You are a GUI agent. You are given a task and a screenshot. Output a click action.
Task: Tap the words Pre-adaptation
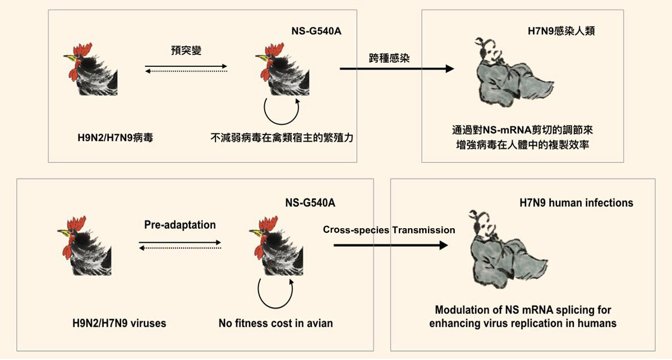coord(179,225)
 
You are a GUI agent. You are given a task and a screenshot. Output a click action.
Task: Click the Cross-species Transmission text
coord(389,230)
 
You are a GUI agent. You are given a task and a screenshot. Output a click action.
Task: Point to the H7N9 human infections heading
coord(576,202)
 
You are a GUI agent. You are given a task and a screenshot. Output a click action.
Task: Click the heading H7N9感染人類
coord(561,31)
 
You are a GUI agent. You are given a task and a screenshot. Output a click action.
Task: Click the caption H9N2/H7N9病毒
coord(115,137)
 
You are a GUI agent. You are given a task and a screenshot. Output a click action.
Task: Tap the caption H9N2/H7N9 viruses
coord(119,323)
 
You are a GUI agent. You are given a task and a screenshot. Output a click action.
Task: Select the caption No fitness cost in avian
coord(275,323)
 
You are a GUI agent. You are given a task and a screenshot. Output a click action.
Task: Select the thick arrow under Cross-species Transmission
coord(390,245)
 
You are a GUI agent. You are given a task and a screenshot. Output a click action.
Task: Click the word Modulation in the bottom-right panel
coord(459,310)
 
